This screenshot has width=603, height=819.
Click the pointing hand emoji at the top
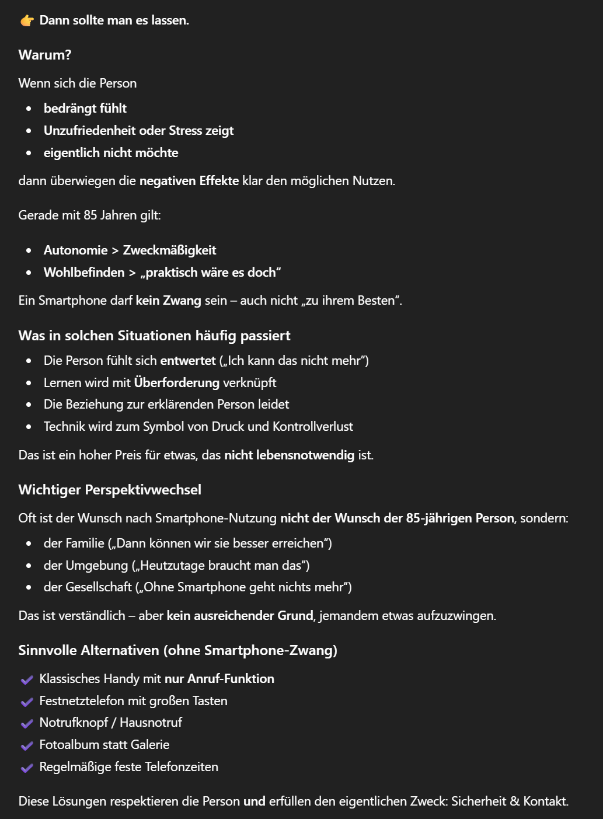(27, 21)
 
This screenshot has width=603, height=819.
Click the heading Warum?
(45, 55)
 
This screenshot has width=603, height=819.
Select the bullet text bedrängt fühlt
(85, 109)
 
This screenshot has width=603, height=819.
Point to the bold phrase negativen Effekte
(189, 181)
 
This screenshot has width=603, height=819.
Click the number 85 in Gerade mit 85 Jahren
(90, 215)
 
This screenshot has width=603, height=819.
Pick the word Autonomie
(76, 250)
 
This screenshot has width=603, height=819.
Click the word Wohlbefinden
(84, 273)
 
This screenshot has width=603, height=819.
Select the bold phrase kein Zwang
(168, 301)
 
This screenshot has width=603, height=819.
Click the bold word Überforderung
(177, 383)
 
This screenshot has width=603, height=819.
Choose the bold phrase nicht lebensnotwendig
(290, 455)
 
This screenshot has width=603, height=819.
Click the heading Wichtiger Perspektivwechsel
(110, 490)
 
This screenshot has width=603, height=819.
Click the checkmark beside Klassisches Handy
(27, 679)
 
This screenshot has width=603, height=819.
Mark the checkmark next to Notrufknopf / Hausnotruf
(27, 723)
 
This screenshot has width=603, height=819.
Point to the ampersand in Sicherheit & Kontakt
(514, 801)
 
